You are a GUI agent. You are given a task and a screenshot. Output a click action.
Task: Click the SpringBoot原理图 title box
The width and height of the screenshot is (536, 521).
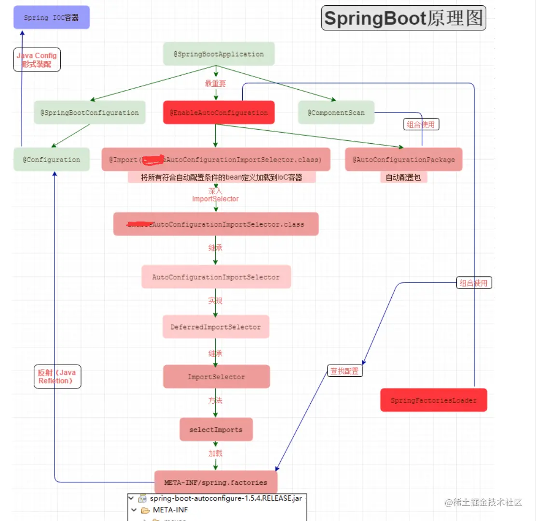[403, 19]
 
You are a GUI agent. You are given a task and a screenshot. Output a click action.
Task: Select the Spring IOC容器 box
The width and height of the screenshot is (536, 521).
[51, 17]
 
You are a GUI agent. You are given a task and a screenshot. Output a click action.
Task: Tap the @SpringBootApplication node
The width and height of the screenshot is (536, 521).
[219, 54]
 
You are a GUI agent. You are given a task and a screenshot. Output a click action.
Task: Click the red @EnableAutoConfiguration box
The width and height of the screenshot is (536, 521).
[219, 113]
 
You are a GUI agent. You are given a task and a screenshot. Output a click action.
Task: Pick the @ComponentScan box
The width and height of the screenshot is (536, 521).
[336, 113]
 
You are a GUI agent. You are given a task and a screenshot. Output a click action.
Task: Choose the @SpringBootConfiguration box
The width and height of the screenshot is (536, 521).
[90, 113]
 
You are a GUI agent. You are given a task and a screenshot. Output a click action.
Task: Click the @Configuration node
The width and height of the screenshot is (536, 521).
[52, 160]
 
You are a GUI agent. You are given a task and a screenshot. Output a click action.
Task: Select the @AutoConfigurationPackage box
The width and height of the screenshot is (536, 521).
[403, 160]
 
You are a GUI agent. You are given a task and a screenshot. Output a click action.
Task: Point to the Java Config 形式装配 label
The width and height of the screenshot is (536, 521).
[37, 59]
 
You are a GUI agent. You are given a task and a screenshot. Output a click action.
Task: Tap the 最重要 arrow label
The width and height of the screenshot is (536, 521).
[215, 83]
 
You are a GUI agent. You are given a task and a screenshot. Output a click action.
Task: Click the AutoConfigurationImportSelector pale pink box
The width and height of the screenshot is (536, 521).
[216, 277]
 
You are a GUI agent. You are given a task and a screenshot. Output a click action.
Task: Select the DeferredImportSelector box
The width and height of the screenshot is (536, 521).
[216, 327]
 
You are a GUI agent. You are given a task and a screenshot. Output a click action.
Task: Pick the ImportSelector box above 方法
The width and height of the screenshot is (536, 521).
[216, 377]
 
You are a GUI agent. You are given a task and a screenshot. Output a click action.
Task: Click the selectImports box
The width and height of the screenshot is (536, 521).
[216, 429]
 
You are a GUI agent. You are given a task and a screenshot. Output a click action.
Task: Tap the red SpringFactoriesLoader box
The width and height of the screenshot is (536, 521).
[433, 400]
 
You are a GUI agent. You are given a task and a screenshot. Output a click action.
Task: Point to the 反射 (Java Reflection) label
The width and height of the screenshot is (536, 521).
[57, 376]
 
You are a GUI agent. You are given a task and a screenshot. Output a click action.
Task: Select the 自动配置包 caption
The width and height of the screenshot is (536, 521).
[403, 178]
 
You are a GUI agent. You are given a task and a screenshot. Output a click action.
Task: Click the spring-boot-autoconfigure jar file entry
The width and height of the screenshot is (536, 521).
[225, 498]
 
